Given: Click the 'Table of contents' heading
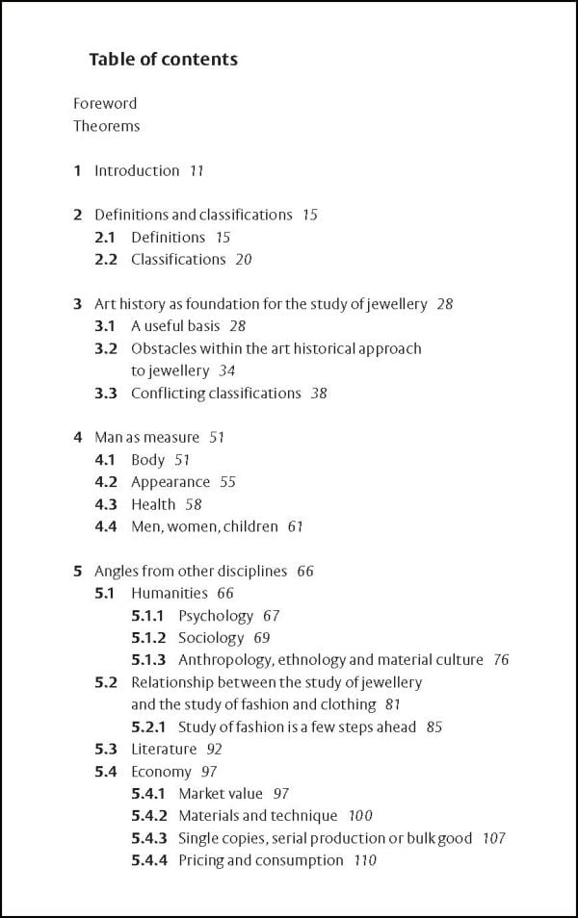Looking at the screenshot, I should pos(163,60).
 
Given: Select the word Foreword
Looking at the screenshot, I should pos(105,103).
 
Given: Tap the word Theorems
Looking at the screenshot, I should pos(106,126).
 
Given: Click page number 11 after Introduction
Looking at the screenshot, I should pos(197,170).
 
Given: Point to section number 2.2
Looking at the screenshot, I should pos(106,259).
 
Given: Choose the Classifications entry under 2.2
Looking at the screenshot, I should pos(178,259).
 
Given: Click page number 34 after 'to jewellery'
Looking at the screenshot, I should pos(227,370).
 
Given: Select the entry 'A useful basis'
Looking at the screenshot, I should pos(175,326).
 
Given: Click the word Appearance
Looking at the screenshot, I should pos(171,481).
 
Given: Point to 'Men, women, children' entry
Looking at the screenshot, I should pos(204,526).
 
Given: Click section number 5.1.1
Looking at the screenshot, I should pos(148,615).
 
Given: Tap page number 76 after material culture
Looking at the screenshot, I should pos(501,660).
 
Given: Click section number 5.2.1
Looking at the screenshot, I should pos(148,727).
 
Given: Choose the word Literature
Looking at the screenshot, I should pos(164,749).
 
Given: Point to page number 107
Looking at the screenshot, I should pos(494,838).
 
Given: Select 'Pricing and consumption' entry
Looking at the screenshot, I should pos(261,860).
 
